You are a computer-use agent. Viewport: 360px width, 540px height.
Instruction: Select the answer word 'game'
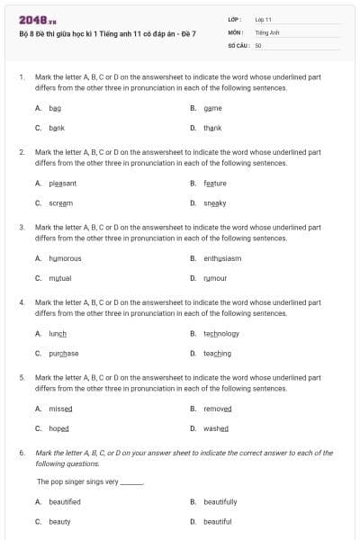[212, 108]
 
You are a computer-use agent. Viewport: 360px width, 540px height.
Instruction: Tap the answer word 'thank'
[212, 128]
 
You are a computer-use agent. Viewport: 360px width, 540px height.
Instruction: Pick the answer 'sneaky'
[215, 202]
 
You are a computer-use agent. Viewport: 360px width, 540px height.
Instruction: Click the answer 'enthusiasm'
[222, 258]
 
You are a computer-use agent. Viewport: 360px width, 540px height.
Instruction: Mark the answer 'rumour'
[215, 278]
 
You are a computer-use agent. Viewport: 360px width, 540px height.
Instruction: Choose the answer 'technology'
[221, 333]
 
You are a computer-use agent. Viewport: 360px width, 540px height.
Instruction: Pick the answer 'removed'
[217, 408]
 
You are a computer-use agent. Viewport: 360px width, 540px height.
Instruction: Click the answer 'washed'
[216, 428]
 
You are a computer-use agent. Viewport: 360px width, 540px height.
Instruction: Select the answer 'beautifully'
[220, 501]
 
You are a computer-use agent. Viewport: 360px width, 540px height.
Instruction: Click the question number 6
[22, 454]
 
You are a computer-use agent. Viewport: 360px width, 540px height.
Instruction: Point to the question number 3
[22, 228]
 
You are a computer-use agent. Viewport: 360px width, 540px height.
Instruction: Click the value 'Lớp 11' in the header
[263, 18]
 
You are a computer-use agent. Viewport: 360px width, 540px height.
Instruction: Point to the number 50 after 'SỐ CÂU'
[258, 44]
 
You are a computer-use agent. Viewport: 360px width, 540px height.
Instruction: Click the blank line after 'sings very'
[131, 482]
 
